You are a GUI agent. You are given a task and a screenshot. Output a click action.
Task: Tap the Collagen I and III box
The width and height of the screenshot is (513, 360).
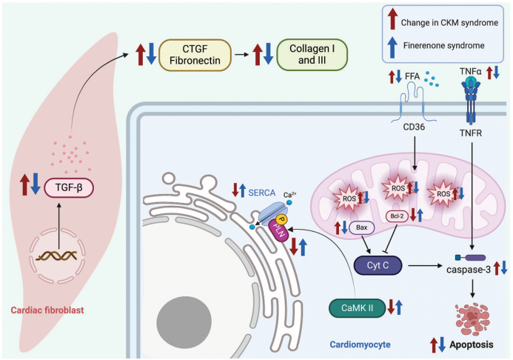click(311, 54)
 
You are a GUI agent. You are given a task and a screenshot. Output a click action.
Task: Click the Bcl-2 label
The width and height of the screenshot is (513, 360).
click(398, 217)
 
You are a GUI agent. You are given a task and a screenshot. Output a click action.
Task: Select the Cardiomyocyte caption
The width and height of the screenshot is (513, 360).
click(361, 344)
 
